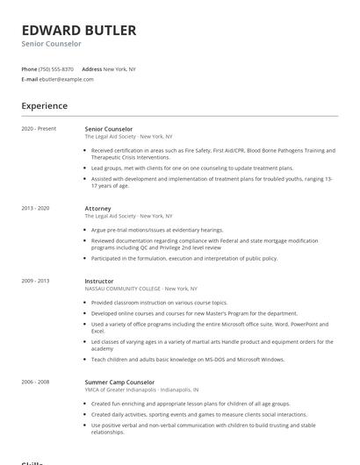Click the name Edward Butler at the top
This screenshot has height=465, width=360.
(x=79, y=30)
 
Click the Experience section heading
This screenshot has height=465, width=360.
(x=44, y=106)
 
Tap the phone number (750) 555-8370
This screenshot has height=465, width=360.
(x=56, y=69)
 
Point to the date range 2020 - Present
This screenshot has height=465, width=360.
(x=39, y=129)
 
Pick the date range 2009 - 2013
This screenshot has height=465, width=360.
(x=36, y=281)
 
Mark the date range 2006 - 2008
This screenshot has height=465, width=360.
(x=36, y=383)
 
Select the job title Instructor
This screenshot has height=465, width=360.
(x=99, y=281)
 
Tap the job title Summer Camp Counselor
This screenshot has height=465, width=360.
(x=119, y=383)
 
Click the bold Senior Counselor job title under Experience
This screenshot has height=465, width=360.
(x=109, y=129)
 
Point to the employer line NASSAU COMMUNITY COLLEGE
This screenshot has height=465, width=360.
(x=140, y=289)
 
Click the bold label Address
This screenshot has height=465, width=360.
(x=91, y=69)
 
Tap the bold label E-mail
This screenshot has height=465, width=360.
(x=29, y=79)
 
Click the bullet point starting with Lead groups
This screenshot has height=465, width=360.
(x=191, y=167)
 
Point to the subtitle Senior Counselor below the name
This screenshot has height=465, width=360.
(x=51, y=44)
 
